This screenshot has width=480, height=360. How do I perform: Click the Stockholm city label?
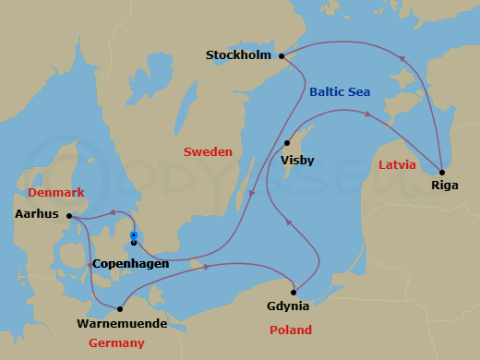(238, 55)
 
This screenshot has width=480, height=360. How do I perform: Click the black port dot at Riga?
(442, 172)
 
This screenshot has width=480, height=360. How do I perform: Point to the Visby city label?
(297, 161)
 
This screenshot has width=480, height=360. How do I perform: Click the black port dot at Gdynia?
(293, 292)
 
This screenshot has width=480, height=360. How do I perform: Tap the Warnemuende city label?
(122, 323)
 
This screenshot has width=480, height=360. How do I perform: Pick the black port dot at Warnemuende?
(121, 309)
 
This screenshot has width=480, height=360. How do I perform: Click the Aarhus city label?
(38, 214)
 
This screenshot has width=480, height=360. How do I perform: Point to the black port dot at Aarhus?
(70, 216)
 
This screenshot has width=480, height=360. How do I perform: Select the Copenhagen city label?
(131, 264)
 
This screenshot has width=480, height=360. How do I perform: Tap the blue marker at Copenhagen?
(134, 236)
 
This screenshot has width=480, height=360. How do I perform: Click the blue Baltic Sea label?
(341, 91)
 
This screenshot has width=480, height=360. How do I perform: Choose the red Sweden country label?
(207, 151)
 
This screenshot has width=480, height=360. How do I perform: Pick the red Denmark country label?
(56, 193)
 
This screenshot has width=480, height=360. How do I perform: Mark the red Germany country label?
(116, 343)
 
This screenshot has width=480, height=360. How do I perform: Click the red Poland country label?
(290, 330)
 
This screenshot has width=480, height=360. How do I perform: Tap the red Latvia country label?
(398, 165)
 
